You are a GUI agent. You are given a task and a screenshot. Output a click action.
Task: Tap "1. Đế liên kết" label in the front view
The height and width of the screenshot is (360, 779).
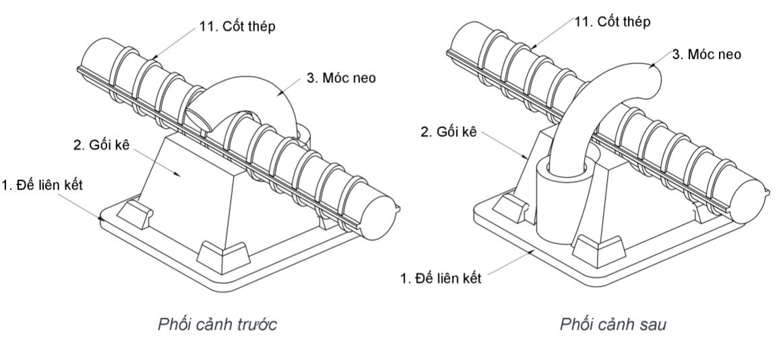pyautogui.click(x=42, y=185)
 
